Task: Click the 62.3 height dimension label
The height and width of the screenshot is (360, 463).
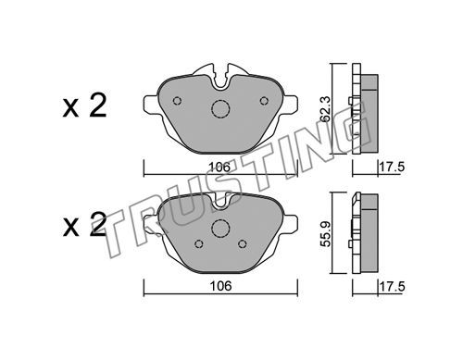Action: click(x=326, y=108)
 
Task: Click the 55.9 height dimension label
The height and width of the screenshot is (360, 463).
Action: click(x=326, y=233)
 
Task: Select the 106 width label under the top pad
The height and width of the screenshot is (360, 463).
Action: click(x=219, y=168)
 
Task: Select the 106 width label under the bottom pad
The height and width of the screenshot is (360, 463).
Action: click(x=220, y=286)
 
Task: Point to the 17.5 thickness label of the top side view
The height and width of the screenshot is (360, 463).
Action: click(x=392, y=168)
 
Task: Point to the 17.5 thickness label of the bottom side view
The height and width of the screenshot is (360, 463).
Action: click(x=392, y=287)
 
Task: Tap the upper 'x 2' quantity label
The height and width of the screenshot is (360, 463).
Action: click(x=84, y=106)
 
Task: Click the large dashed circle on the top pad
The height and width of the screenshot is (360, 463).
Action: click(x=220, y=109)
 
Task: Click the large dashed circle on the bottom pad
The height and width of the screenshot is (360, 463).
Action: click(x=220, y=229)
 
